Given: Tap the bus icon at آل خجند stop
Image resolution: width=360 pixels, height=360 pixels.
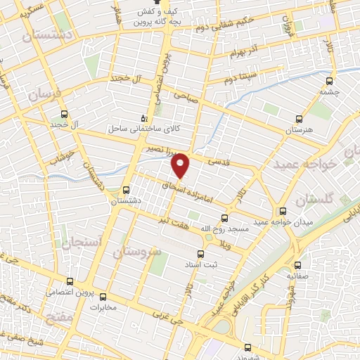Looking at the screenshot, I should click(65, 114).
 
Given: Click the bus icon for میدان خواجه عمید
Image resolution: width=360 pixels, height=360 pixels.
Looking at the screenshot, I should click(283, 211).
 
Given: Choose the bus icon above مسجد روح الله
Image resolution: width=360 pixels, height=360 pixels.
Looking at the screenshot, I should click(225, 218).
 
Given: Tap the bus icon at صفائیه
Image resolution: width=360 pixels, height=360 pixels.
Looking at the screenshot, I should click(297, 265).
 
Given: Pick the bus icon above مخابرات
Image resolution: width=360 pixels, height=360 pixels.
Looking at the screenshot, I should click(103, 296).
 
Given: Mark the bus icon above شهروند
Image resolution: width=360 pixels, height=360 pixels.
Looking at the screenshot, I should click(245, 347).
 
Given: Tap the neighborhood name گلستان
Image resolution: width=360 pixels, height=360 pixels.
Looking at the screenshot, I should click(312, 201).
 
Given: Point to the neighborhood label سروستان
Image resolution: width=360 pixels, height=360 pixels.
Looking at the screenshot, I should click(137, 251).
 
